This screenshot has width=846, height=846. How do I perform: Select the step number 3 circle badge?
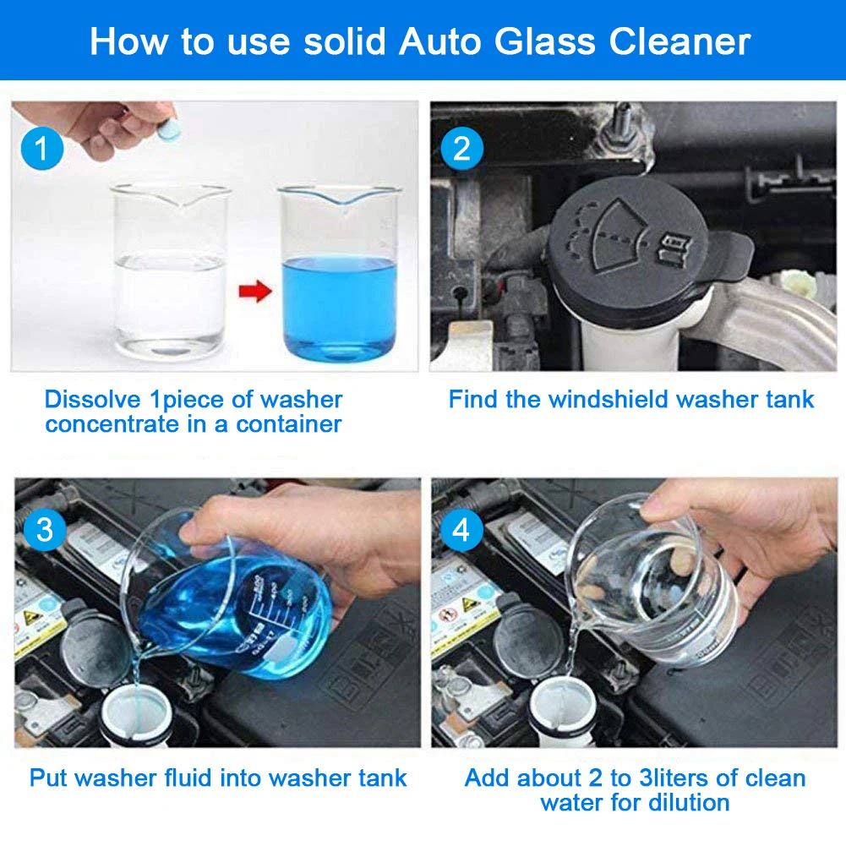point(44,530)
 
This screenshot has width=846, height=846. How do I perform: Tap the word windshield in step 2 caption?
point(605,399)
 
